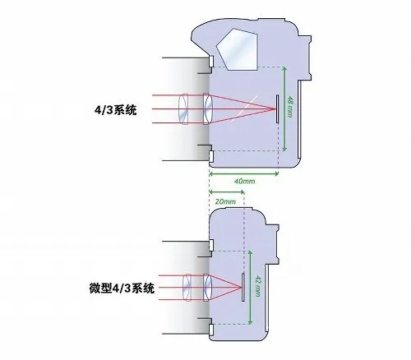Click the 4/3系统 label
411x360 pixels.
115,110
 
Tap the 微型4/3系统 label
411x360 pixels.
122,288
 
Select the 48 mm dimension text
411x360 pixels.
289,106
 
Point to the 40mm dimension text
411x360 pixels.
244,181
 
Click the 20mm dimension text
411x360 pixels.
225,201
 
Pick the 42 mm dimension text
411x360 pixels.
257,286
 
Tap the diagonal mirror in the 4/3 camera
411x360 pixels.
244,108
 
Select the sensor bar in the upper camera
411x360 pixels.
277,108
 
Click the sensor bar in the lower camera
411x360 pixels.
243,287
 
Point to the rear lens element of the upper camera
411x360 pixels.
208,108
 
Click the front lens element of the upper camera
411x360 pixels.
183,108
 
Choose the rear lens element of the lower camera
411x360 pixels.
208,287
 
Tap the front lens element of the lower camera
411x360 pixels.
187,287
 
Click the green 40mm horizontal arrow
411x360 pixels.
244,173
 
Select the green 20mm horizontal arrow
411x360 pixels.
227,192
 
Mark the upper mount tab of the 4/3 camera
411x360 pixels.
211,61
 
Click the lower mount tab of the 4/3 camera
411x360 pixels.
211,156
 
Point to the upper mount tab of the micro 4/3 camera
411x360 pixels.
211,245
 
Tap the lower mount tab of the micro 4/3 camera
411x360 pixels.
211,329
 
